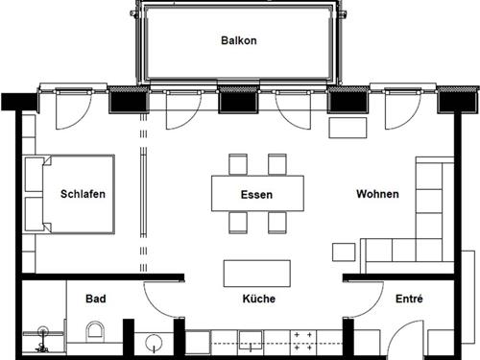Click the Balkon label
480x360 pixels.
pos(239,41)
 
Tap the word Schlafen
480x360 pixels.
pos(83,194)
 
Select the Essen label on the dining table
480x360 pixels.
pos(256,194)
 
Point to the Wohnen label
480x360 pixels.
pos(377,194)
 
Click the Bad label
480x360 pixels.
pos(95,299)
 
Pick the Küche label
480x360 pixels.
pos(259,299)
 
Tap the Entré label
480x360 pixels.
pos(410,299)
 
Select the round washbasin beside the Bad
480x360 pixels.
pos(154,342)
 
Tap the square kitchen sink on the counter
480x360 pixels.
pos(252,342)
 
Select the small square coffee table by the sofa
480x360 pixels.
pos(343,252)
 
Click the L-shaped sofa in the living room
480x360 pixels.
pos(422,226)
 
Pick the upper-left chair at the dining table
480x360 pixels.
pos(237,163)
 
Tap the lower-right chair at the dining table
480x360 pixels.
pos(277,223)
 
